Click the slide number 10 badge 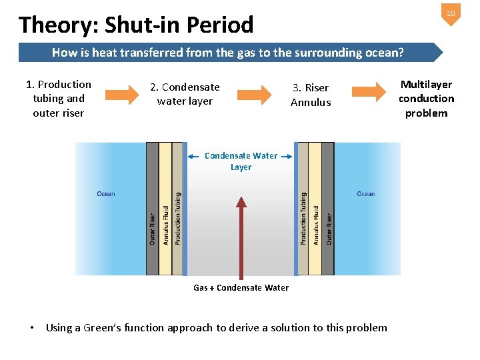(451, 13)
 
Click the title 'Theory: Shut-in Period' (137, 25)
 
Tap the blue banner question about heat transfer (227, 53)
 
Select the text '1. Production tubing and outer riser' (59, 99)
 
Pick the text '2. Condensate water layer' (185, 94)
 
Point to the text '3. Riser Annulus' (311, 95)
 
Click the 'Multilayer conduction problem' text (426, 99)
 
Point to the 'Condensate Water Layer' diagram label (241, 161)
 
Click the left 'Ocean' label (106, 194)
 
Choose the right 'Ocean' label (365, 194)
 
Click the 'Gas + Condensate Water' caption (241, 288)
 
